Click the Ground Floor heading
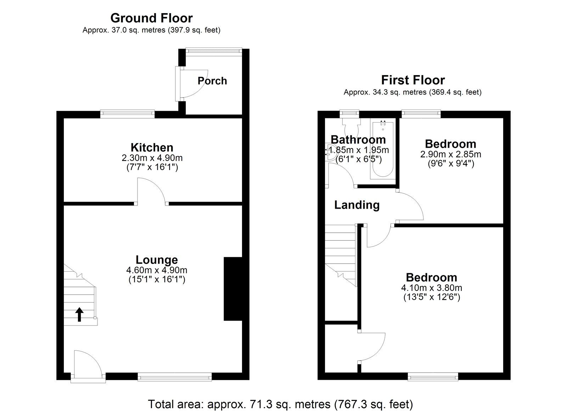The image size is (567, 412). coord(151,18)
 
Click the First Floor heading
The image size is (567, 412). coord(412,80)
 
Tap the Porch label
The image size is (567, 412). coord(212,81)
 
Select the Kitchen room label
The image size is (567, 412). coord(152,147)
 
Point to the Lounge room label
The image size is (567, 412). coord(157,260)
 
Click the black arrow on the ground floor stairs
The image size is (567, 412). coord(79,314)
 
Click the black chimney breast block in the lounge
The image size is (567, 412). coord(232,289)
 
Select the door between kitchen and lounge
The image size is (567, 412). coord(152,191)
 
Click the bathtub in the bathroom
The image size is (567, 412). coord(382,149)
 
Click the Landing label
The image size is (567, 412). coord(357,205)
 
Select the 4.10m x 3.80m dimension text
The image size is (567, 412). coord(431,288)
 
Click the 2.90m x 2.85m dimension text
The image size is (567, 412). coord(450,154)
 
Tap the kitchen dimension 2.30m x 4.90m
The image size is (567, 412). coord(152,158)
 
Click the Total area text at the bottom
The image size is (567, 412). coord(280,404)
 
